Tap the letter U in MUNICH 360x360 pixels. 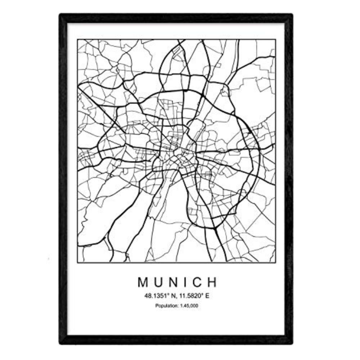(x=158, y=282)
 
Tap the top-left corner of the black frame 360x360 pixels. (x=60, y=15)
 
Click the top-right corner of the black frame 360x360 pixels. (x=292, y=15)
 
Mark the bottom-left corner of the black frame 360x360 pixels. (x=60, y=344)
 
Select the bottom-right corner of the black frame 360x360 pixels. (x=292, y=344)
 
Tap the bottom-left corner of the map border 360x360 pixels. (x=78, y=262)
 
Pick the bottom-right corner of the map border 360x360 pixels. (x=275, y=262)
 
